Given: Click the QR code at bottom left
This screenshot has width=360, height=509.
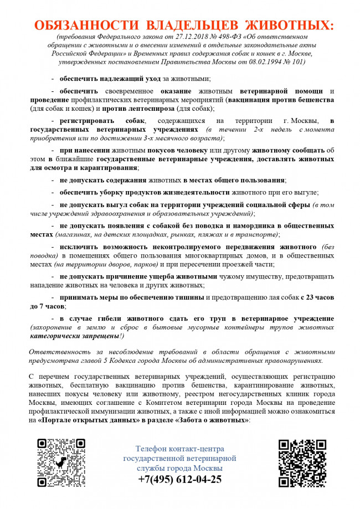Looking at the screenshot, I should coord(61,462).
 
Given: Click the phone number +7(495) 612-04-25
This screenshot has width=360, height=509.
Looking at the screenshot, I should coord(180,480).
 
